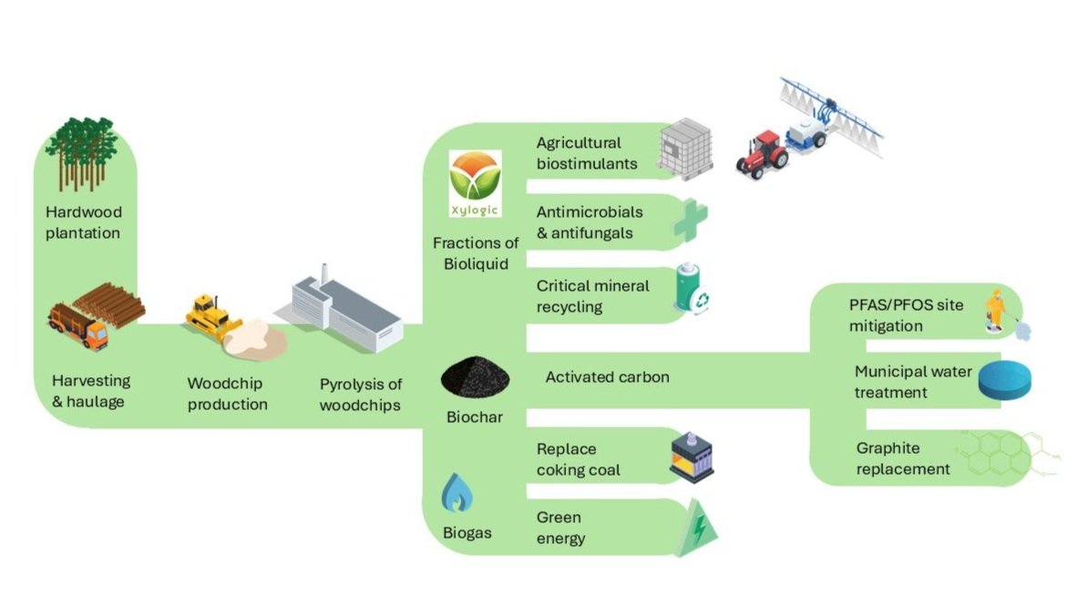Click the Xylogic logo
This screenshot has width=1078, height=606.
[x=475, y=185]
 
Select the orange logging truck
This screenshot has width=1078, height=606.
[x=78, y=326]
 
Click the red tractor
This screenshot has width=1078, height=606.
[x=762, y=152]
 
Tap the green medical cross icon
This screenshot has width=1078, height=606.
[x=690, y=221]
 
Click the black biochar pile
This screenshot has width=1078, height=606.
[x=475, y=377]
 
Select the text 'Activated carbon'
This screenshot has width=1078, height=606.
[x=607, y=376]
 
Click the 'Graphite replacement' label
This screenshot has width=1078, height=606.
[x=903, y=458]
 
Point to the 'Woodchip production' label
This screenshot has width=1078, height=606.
[x=228, y=394]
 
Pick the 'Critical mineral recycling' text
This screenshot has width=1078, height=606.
[x=592, y=296]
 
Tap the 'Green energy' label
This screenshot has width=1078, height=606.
[x=560, y=528]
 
